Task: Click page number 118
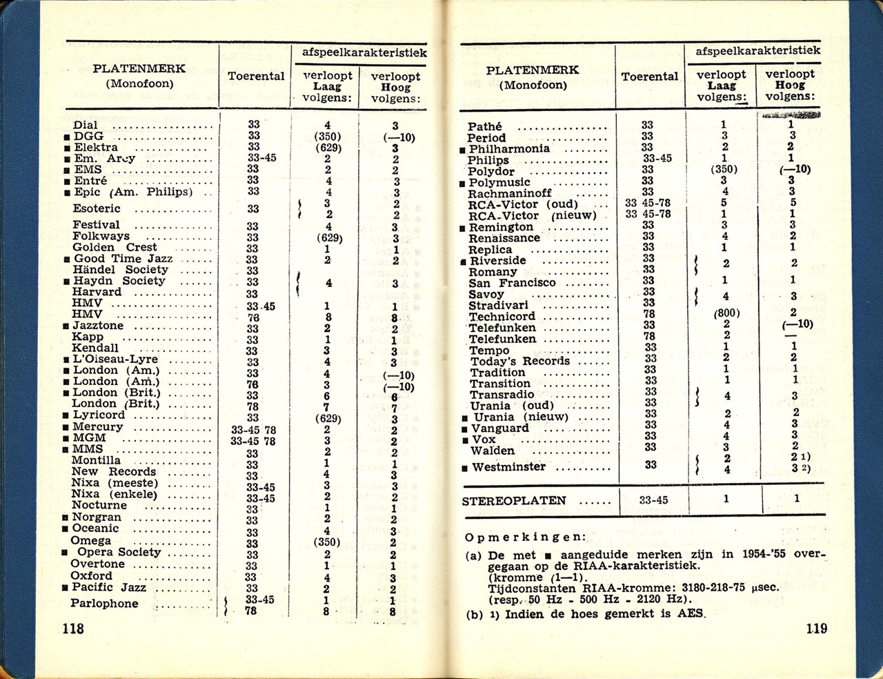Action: coord(72,628)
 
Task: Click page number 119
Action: coord(815,628)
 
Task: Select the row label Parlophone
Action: coord(104,603)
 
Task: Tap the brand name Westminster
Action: coord(508,467)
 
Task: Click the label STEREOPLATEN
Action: coord(514,500)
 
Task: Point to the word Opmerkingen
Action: coord(525,537)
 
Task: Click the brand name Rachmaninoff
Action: coord(510,194)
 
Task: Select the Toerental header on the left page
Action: coord(256,76)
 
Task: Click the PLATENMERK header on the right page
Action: coord(532,70)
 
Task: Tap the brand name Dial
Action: coord(86,125)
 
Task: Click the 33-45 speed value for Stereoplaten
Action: coord(653,500)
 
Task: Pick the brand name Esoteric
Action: coord(97,208)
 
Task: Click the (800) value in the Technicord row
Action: coord(726,313)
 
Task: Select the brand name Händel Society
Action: coord(120,270)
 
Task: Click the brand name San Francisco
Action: coord(512,283)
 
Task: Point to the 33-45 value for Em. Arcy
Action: coord(261,158)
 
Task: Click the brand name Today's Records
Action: coord(520,361)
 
